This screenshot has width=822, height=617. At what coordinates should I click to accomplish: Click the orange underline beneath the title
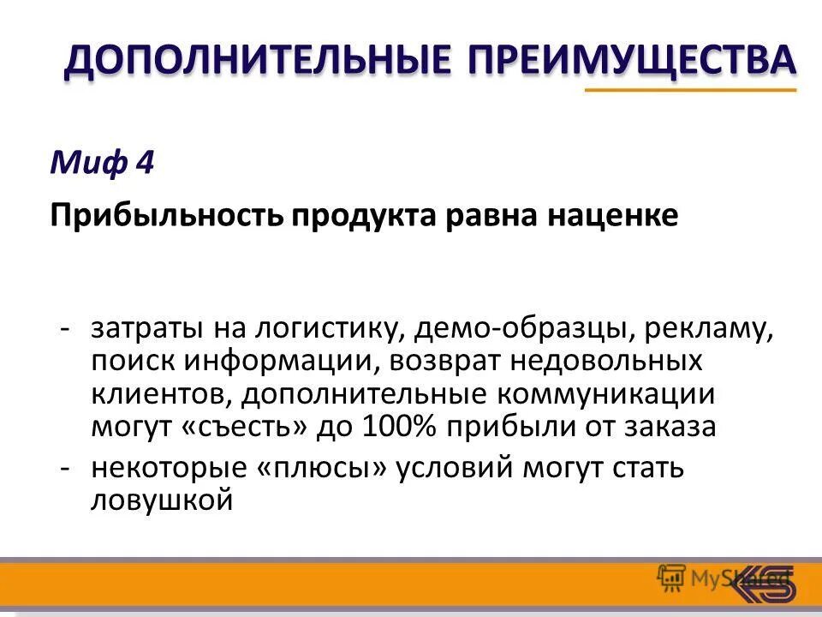coord(690,89)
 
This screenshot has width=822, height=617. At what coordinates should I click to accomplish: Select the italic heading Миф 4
coord(102,162)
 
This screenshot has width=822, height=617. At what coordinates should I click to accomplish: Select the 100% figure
coord(397,425)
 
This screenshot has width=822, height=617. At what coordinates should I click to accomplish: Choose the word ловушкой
coord(163,500)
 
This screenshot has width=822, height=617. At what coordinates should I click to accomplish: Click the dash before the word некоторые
coord(65,470)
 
